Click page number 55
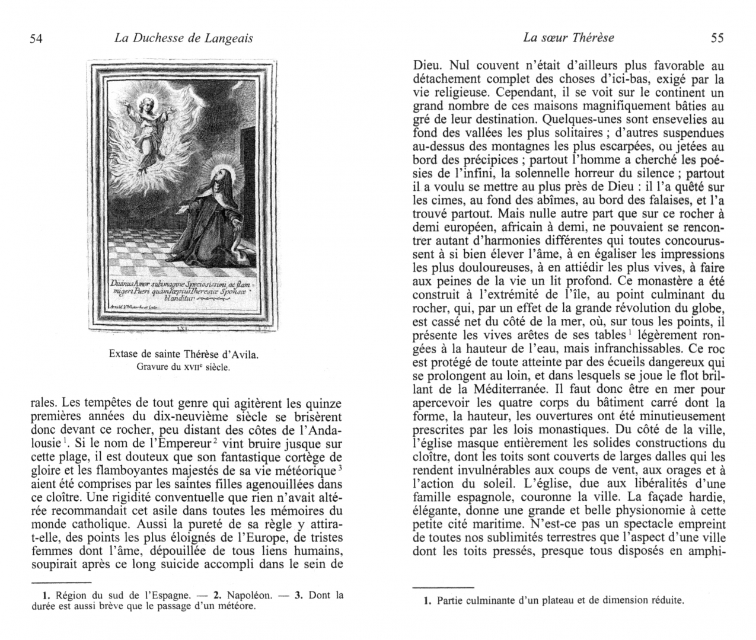click(x=717, y=39)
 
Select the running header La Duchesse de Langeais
click(x=183, y=39)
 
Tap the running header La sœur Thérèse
click(x=569, y=38)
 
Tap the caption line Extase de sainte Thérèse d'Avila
click(x=184, y=355)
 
